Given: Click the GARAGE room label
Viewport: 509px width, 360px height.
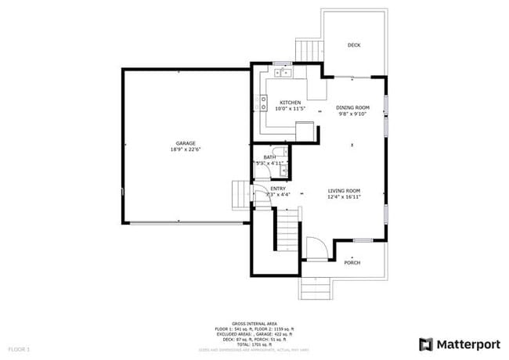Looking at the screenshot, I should pos(186,143).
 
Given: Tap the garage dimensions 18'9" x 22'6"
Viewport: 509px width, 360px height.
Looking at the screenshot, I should pos(186,149).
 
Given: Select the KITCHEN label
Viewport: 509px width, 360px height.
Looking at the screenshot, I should pos(291,103).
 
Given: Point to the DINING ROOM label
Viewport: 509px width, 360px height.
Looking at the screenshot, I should pos(352,107).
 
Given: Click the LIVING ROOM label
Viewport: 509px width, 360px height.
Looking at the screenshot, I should pos(344,191).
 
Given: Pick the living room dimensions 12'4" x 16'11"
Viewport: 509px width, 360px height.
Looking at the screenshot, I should pos(344,197).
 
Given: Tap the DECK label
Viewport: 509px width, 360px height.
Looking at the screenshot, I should pos(354,45).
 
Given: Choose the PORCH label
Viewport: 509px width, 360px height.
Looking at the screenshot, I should pos(352,262).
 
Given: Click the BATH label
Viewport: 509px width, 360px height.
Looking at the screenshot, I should pos(269,157).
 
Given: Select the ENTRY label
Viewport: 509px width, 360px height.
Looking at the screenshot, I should pos(278,189).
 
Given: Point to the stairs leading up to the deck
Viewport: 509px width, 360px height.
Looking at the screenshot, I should pos(308,51).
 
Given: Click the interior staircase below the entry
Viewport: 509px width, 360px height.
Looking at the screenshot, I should pos(287,232).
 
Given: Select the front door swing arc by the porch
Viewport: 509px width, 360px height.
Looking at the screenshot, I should pos(316,249).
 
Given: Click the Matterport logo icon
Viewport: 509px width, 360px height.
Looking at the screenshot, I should pos(426,344).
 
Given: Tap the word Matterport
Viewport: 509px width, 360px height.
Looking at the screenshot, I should pos(467,344).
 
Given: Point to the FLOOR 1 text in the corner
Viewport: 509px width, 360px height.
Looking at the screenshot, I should pos(19,347).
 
